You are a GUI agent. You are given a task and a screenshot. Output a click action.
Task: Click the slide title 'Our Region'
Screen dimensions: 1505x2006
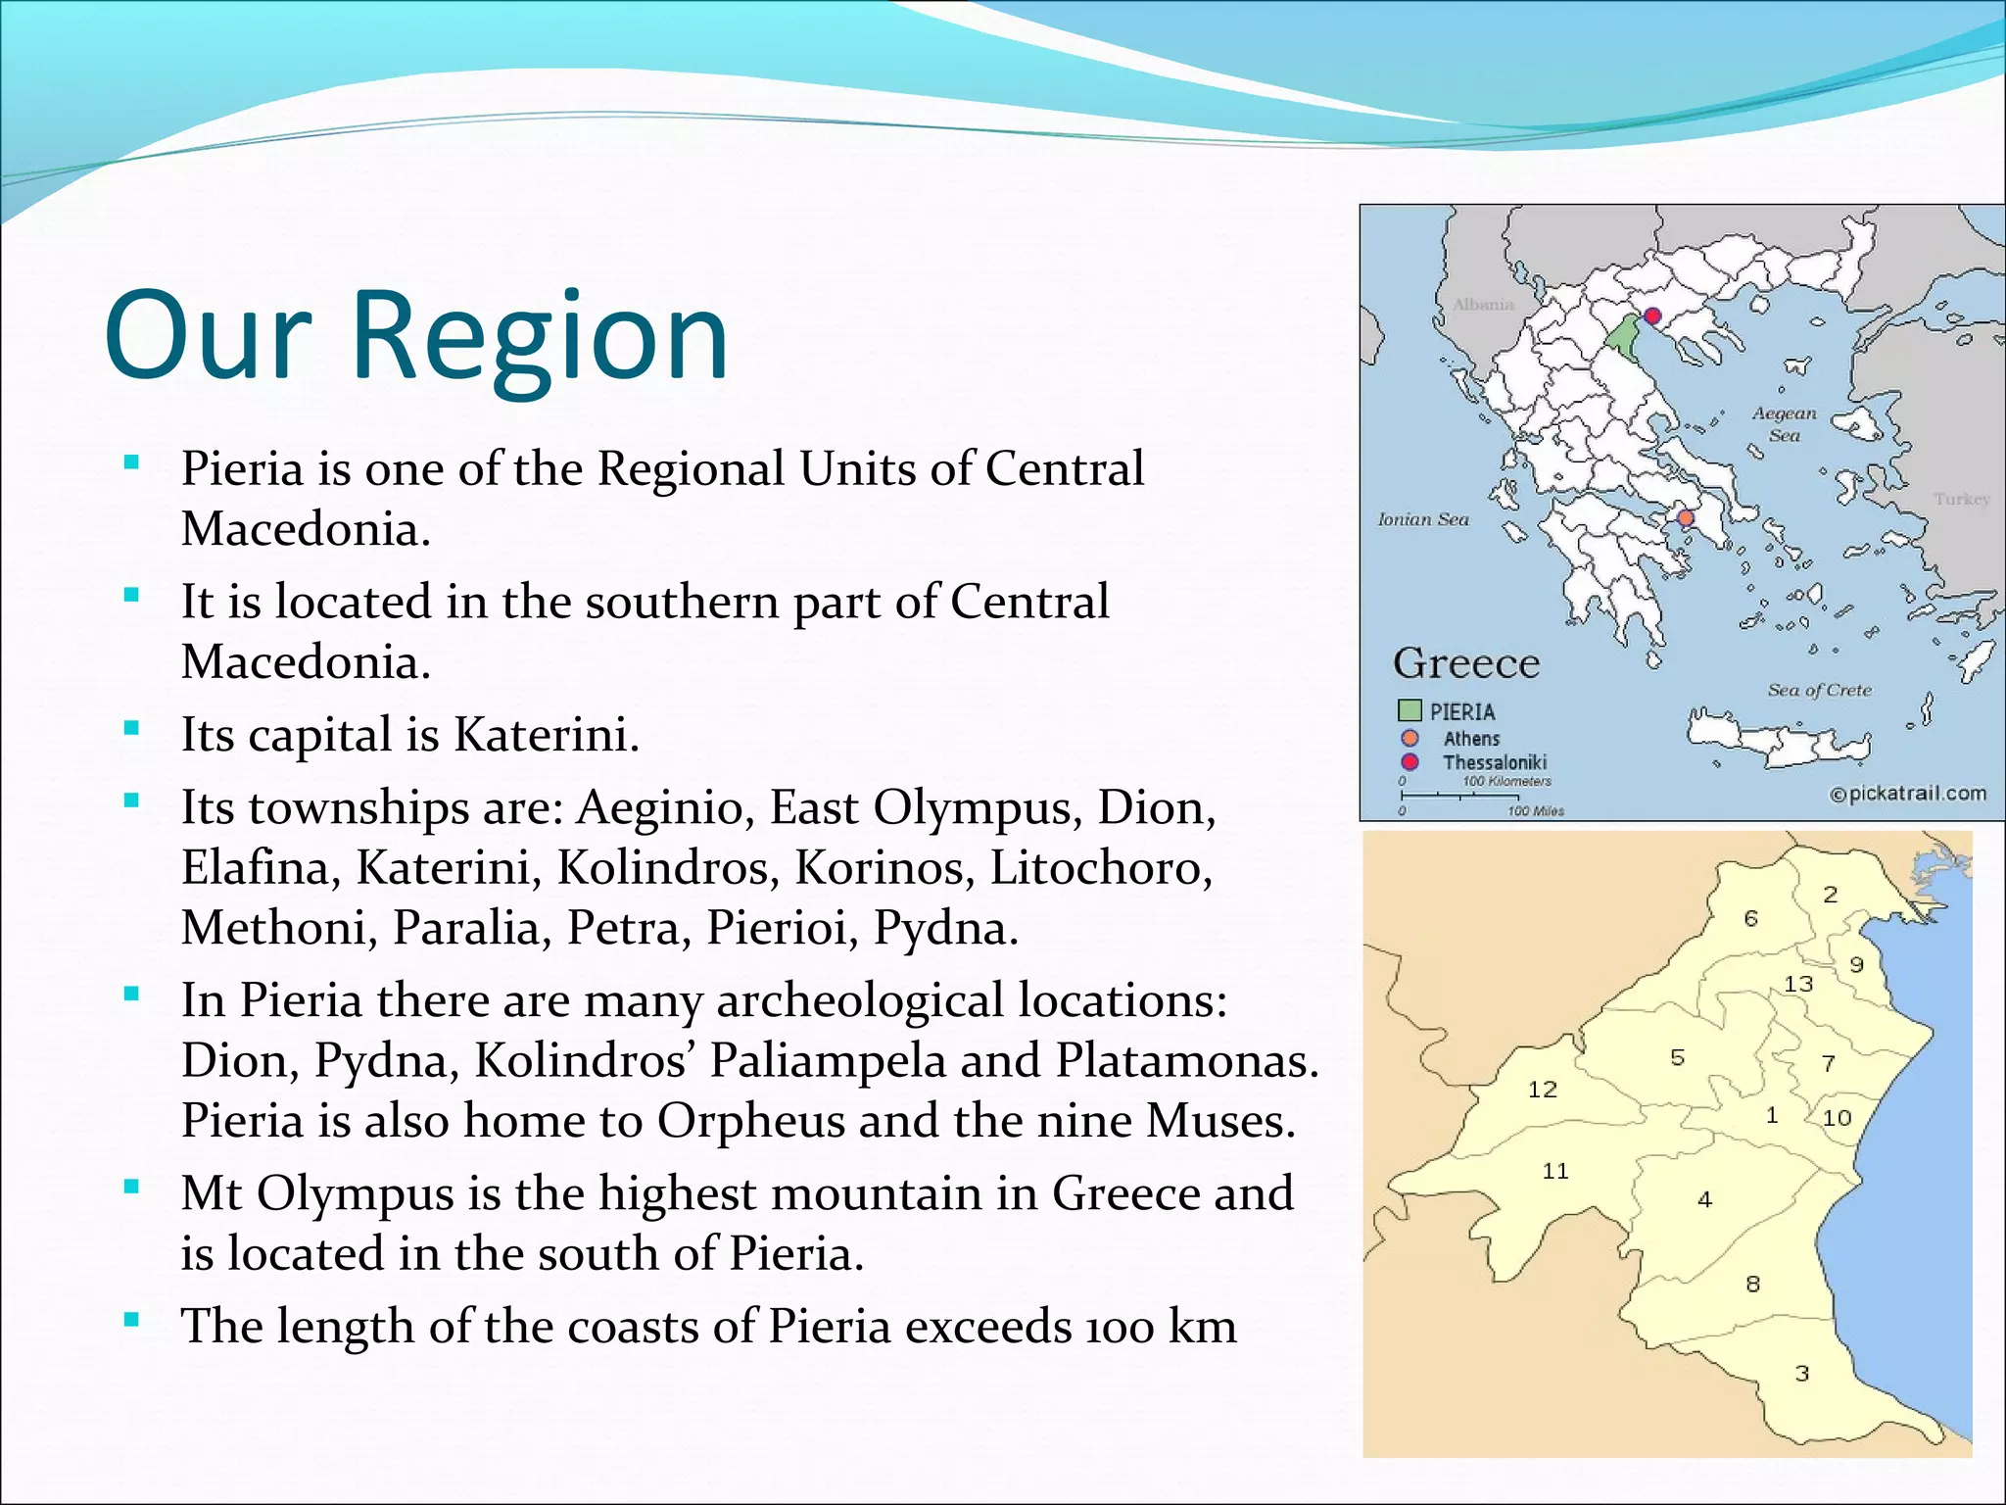click(416, 336)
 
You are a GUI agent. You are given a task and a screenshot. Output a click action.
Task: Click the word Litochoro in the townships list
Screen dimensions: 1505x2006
click(1100, 868)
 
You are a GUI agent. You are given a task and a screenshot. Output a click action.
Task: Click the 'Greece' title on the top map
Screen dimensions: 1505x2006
click(1466, 663)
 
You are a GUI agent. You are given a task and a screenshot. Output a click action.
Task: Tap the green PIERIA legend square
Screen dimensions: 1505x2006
click(1409, 710)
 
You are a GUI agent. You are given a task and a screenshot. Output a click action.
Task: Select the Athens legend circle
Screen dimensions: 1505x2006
click(1409, 738)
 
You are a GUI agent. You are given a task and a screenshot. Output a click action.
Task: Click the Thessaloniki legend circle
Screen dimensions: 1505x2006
click(1409, 762)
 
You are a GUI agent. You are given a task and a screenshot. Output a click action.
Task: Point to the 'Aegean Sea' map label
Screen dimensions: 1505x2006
click(1784, 424)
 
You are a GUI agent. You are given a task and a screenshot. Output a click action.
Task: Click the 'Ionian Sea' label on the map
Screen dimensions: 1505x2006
click(1423, 519)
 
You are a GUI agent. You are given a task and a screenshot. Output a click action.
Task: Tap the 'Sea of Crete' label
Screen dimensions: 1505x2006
click(1819, 690)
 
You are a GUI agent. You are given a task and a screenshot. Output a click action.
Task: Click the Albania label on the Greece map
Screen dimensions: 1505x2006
click(1483, 305)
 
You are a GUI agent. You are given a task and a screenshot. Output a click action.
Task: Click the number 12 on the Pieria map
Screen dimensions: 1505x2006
click(1542, 1089)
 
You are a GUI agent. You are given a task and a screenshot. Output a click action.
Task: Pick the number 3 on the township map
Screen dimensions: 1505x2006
click(1801, 1374)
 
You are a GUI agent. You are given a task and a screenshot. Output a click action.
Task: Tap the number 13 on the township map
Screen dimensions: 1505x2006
click(1797, 984)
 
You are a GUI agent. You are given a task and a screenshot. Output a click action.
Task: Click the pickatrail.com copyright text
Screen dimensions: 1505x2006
click(1908, 794)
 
